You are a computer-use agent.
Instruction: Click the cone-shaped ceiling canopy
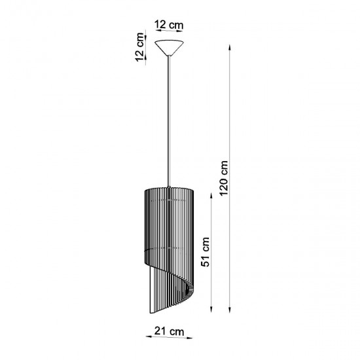click(x=170, y=47)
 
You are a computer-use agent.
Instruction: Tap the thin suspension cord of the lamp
click(x=170, y=118)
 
